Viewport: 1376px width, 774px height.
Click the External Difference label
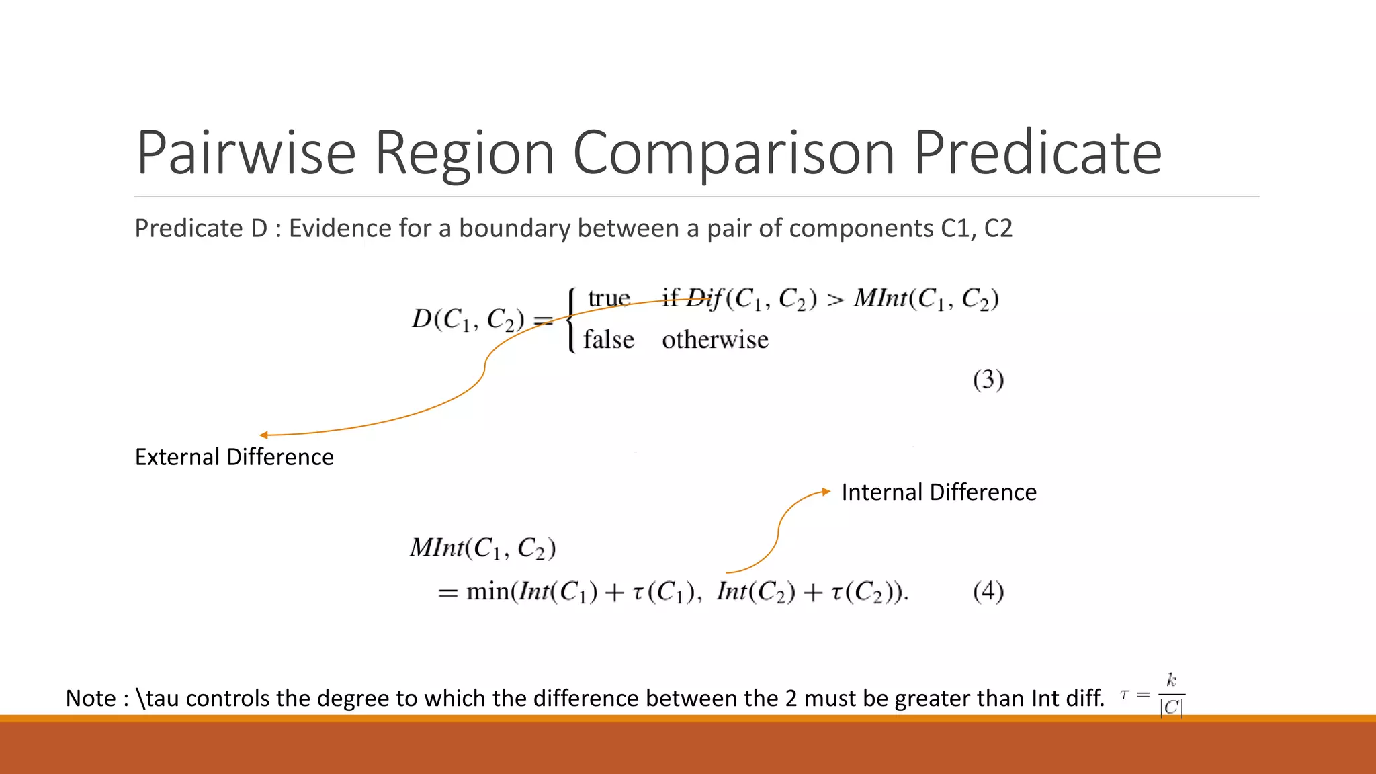point(234,457)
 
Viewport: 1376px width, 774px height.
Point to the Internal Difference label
point(939,492)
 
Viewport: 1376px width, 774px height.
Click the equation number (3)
point(988,380)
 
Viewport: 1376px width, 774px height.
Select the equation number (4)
point(988,591)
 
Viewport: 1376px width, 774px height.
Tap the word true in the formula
point(609,298)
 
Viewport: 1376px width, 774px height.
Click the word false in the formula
point(608,340)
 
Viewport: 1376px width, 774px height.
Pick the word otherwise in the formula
point(715,340)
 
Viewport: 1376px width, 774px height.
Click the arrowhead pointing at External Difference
point(264,435)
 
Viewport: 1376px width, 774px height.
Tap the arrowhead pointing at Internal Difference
point(826,492)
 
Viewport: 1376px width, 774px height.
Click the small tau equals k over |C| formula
point(1153,695)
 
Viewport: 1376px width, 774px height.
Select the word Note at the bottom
point(91,699)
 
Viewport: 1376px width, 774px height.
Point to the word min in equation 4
point(487,591)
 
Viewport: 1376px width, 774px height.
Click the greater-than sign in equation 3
point(834,300)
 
